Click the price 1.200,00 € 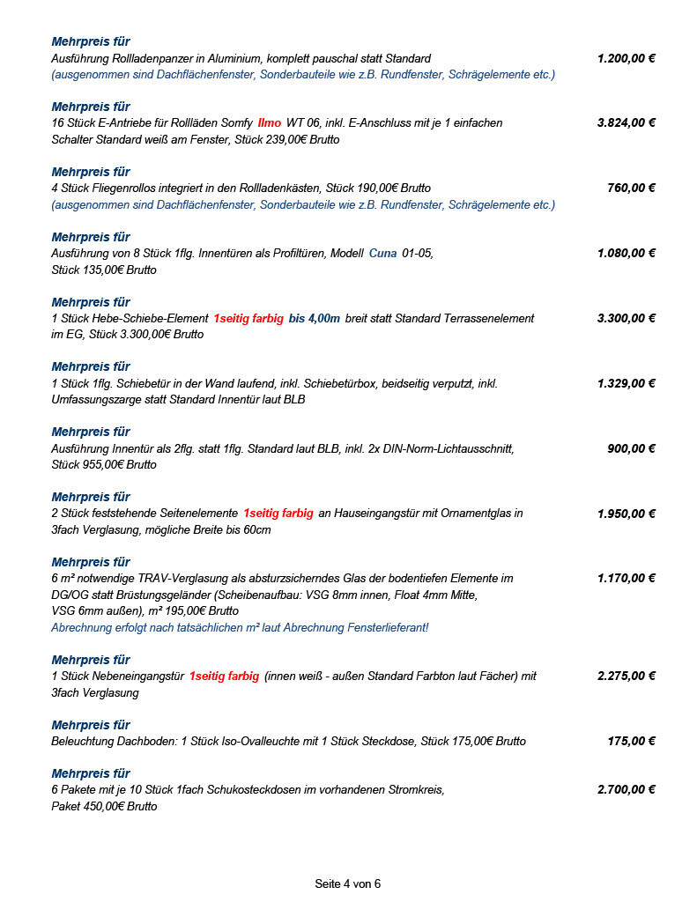coord(626,58)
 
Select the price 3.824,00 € coord(626,123)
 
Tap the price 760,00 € coord(631,189)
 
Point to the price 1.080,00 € coord(626,254)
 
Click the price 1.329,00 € coord(626,384)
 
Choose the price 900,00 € coord(631,449)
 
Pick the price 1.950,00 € coord(626,514)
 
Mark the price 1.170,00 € coord(626,580)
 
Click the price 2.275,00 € coord(626,676)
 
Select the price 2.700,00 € coord(626,790)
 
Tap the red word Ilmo coord(270,123)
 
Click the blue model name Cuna coord(382,254)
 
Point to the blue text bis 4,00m coord(315,319)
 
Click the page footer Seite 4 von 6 coord(348,884)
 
